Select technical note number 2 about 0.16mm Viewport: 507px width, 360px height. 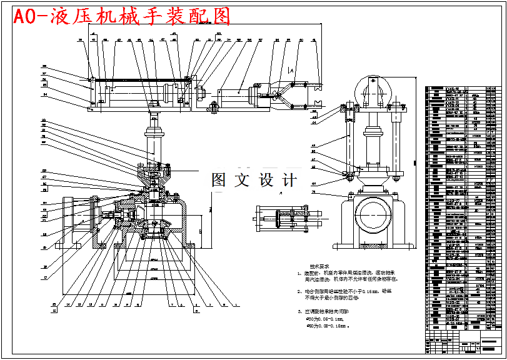[341, 294]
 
